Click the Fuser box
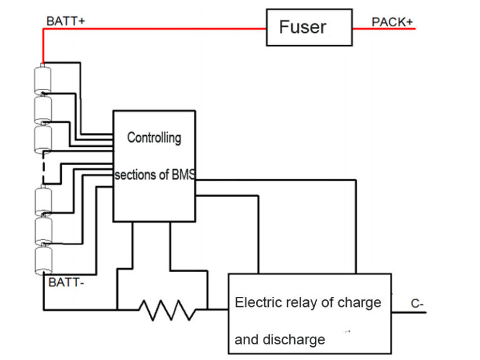tap(309, 27)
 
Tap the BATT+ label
tap(66, 21)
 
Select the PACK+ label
tap(392, 22)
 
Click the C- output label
tap(418, 304)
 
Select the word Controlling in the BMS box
tap(154, 137)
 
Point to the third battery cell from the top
tap(43, 139)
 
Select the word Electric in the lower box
tap(256, 302)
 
